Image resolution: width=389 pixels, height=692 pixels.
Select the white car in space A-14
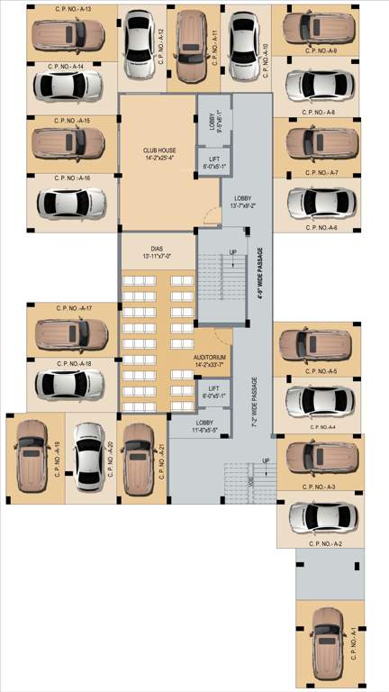click(69, 86)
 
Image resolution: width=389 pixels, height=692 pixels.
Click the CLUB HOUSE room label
click(158, 155)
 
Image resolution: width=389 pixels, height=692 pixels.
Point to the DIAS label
click(158, 250)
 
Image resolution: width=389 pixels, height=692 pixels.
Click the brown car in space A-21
click(138, 455)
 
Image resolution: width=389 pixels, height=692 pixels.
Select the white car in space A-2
click(321, 518)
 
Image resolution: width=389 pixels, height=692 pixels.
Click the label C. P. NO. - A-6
click(320, 228)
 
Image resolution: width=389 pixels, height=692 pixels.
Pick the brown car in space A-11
click(188, 47)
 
